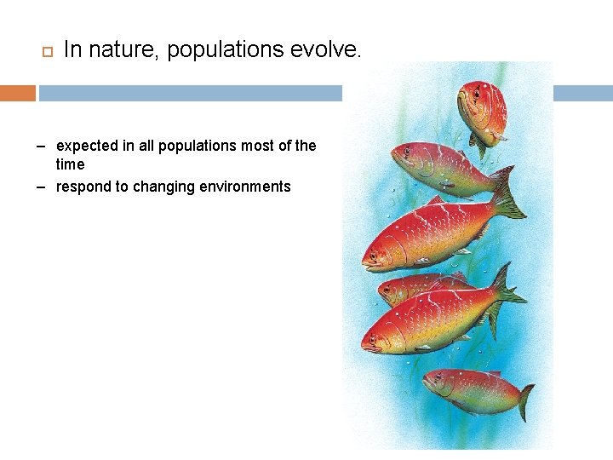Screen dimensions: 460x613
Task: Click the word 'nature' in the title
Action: [x=125, y=50]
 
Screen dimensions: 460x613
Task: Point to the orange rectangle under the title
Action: [x=18, y=93]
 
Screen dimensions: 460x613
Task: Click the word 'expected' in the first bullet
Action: [x=87, y=146]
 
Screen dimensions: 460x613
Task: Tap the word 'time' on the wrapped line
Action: [x=71, y=164]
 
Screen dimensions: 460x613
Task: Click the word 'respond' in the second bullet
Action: [x=85, y=187]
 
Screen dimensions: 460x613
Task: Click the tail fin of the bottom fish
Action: [x=525, y=401]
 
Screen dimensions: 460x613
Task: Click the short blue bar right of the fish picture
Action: [x=582, y=93]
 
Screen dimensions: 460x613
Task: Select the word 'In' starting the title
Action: [x=72, y=50]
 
